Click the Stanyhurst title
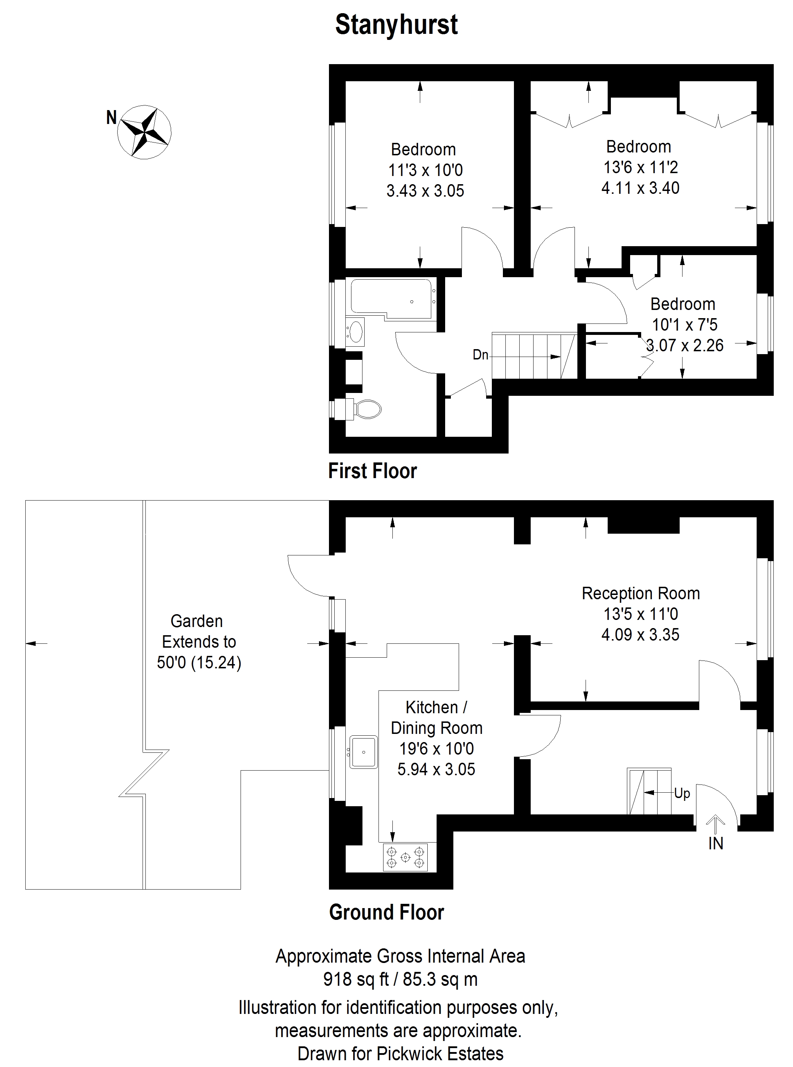coord(396,25)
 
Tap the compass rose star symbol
coord(144,131)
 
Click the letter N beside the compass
coord(111,117)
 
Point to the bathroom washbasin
coord(356,331)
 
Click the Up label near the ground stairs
coord(682,793)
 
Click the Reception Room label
coord(640,594)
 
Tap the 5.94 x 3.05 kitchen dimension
coord(436,769)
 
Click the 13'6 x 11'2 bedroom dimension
coord(640,167)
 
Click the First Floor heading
coord(372,471)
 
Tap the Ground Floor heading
coord(386,912)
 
